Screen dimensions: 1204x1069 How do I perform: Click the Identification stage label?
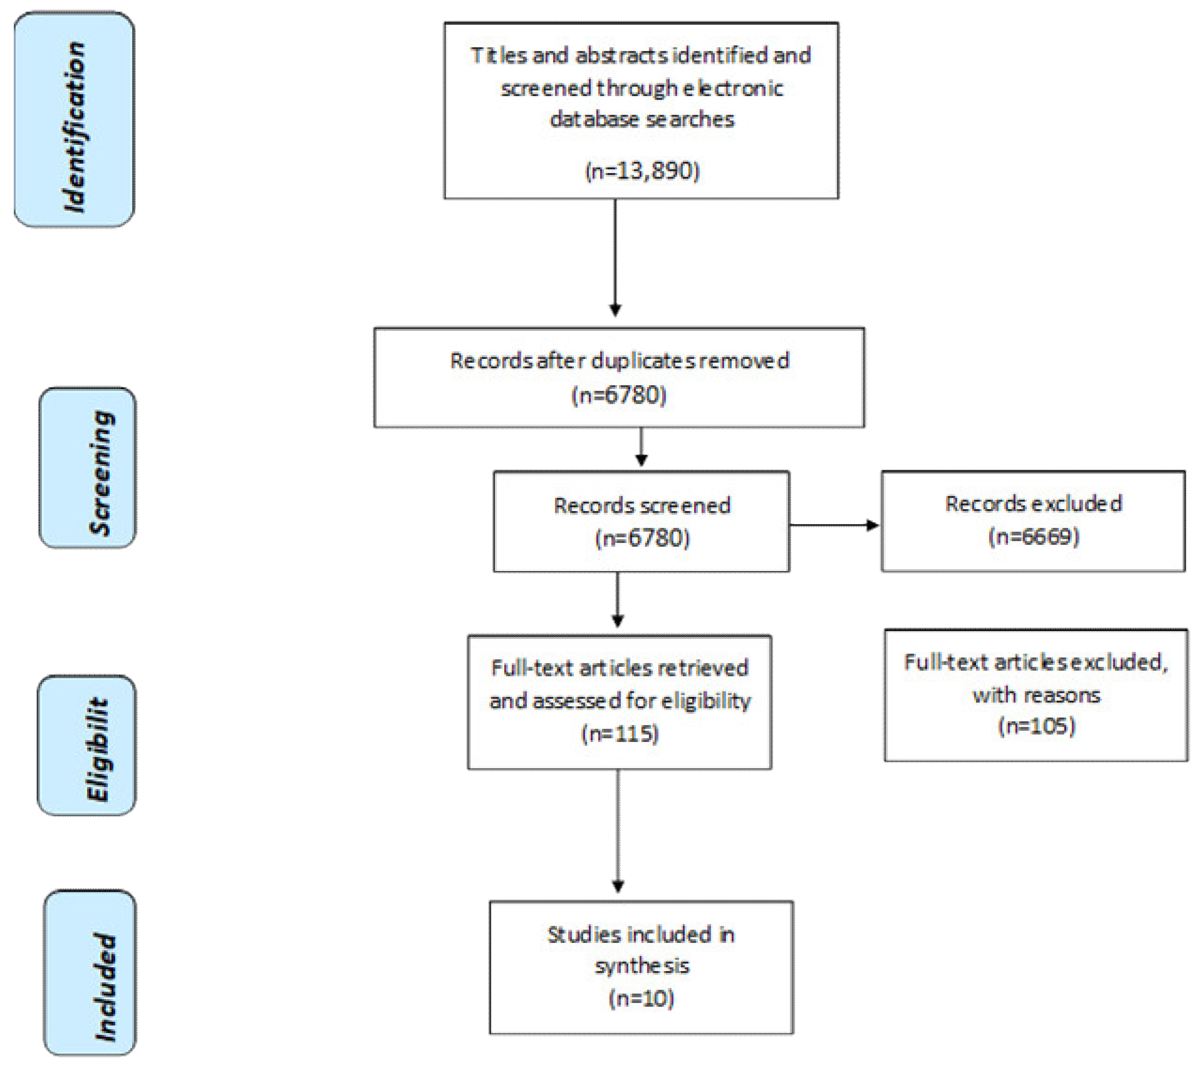75,126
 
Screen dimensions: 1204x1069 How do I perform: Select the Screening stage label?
101,473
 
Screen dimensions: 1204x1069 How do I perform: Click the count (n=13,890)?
642,171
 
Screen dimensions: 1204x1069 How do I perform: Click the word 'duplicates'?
644,360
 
